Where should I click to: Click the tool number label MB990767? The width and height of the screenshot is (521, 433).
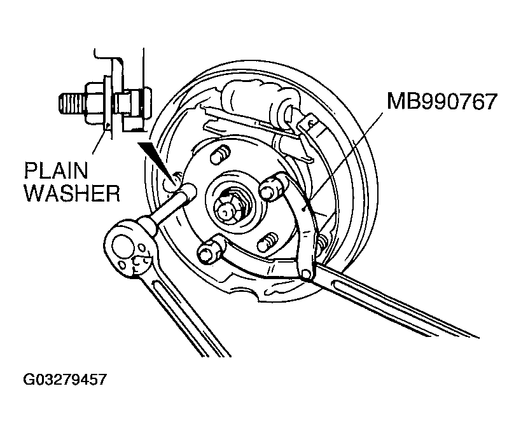pyautogui.click(x=442, y=101)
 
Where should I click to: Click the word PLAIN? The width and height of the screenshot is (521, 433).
pyautogui.click(x=57, y=170)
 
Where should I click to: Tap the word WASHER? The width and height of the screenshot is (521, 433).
pyautogui.click(x=73, y=193)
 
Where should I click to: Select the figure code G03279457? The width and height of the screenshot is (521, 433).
pyautogui.click(x=65, y=380)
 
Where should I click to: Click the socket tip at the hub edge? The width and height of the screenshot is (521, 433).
pyautogui.click(x=187, y=192)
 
